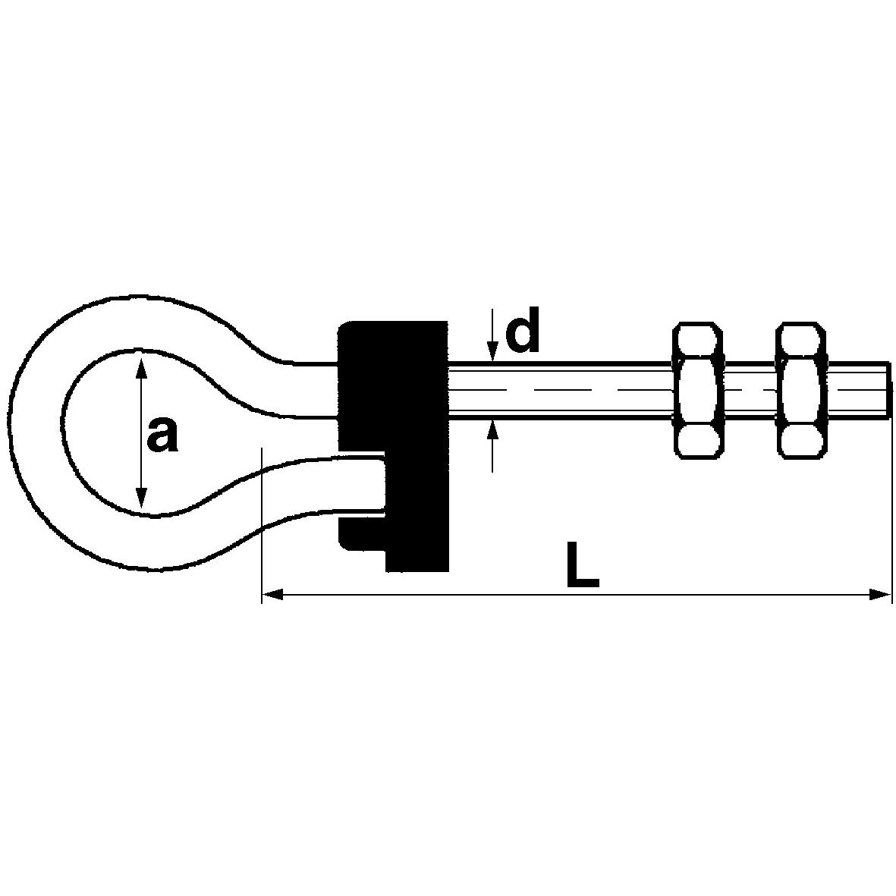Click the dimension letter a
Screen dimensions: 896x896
click(x=162, y=434)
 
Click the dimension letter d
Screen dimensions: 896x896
click(x=522, y=330)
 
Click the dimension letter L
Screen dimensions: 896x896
click(x=582, y=564)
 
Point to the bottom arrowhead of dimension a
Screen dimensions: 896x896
click(x=140, y=497)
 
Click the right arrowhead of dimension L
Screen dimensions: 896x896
click(x=880, y=596)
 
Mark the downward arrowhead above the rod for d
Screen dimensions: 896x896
click(x=492, y=351)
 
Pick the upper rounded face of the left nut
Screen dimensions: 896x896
click(x=696, y=340)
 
